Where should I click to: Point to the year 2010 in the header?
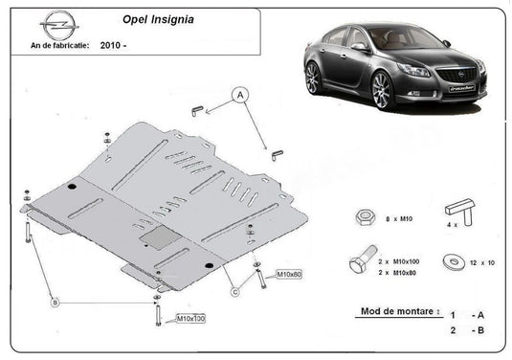pyautogui.click(x=113, y=45)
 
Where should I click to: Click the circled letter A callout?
pyautogui.click(x=239, y=94)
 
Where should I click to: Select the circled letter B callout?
pyautogui.click(x=56, y=302)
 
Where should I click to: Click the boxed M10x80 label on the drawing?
pyautogui.click(x=289, y=275)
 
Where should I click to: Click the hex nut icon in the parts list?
pyautogui.click(x=364, y=217)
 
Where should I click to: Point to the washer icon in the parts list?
pyautogui.click(x=450, y=261)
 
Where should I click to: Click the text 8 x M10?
pyautogui.click(x=396, y=220)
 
